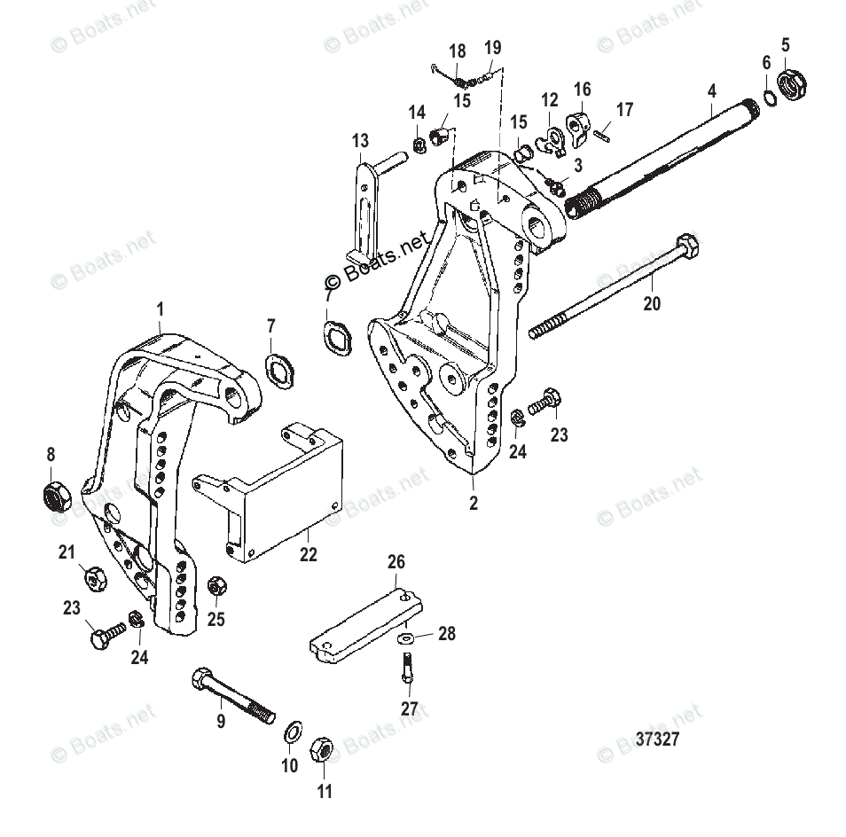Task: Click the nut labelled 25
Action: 216,587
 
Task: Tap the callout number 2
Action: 474,503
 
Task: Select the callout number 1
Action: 160,309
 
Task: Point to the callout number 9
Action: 221,721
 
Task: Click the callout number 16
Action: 582,90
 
